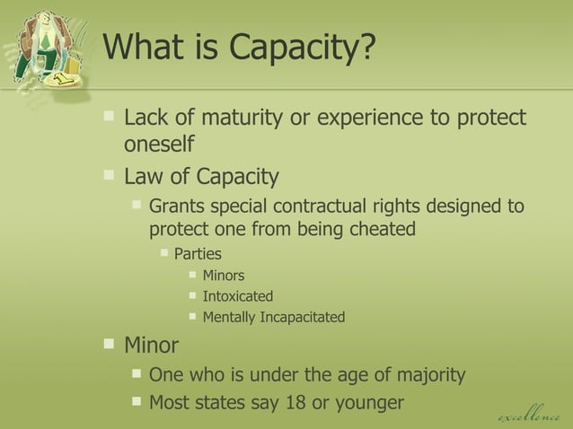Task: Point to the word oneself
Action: coord(159,144)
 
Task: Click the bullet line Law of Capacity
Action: coord(201,176)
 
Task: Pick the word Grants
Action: coord(179,206)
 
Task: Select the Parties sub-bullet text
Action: coord(198,254)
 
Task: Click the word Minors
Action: coord(224,276)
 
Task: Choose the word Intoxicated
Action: coord(238,296)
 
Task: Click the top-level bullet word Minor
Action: coord(151,345)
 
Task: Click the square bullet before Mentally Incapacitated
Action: coord(193,316)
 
